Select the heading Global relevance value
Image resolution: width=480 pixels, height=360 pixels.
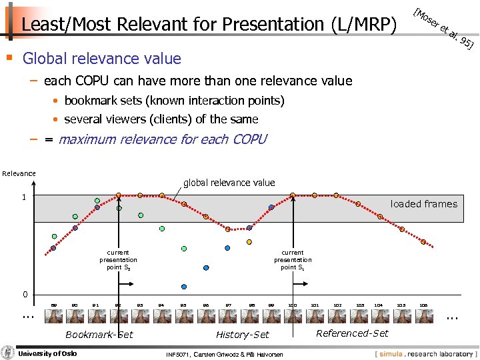tap(101, 59)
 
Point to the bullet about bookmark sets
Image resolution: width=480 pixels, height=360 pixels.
tap(174, 101)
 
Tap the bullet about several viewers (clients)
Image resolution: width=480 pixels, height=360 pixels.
tap(161, 119)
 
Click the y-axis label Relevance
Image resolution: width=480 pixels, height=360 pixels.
tap(19, 173)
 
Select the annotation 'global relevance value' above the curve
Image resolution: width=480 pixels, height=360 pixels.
tap(229, 183)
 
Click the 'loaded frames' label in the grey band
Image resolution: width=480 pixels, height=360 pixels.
tap(423, 204)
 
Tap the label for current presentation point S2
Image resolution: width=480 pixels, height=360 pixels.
tap(118, 260)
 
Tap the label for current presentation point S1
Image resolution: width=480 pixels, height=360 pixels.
tap(293, 260)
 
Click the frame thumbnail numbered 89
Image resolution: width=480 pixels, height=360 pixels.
tap(54, 317)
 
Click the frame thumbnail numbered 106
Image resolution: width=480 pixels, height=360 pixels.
tap(423, 317)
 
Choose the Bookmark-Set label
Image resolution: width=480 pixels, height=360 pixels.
tap(99, 335)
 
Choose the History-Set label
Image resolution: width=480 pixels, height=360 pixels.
tap(243, 335)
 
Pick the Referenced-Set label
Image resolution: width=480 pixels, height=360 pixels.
tap(352, 333)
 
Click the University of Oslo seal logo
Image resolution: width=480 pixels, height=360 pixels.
tap(7, 353)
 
